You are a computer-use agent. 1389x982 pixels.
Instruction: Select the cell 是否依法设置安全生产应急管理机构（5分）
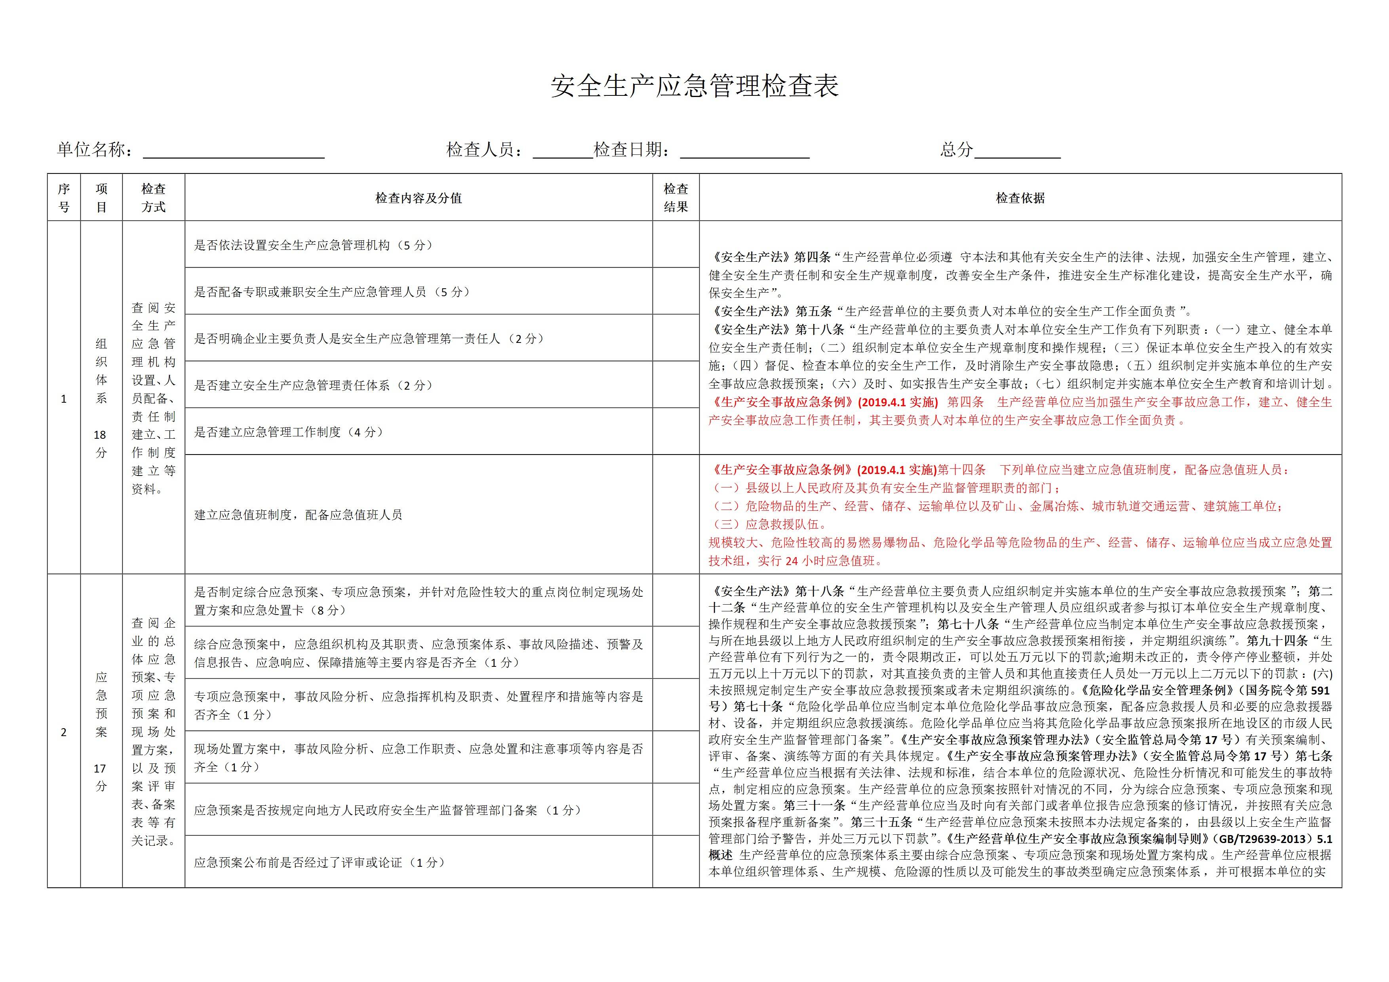(313, 245)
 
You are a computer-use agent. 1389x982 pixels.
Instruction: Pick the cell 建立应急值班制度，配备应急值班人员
(298, 515)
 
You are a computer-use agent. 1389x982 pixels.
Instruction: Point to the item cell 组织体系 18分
(101, 398)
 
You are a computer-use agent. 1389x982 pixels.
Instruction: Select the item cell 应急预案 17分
(101, 731)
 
